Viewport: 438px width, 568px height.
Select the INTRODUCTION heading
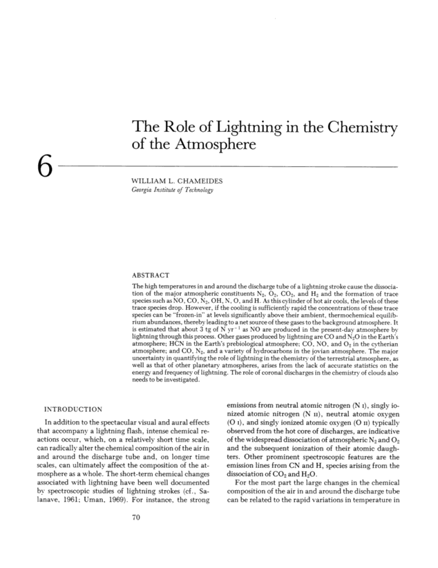[x=73, y=409]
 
